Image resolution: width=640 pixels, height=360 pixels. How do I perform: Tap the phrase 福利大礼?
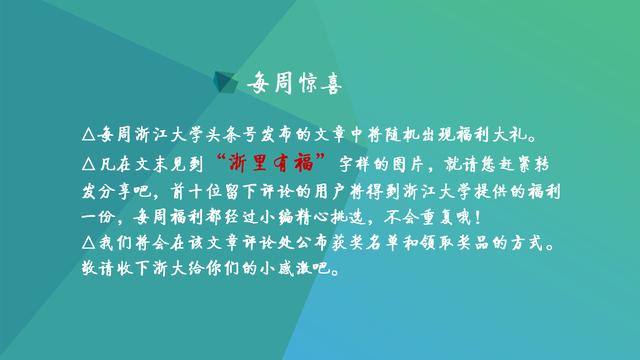[x=510, y=134]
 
